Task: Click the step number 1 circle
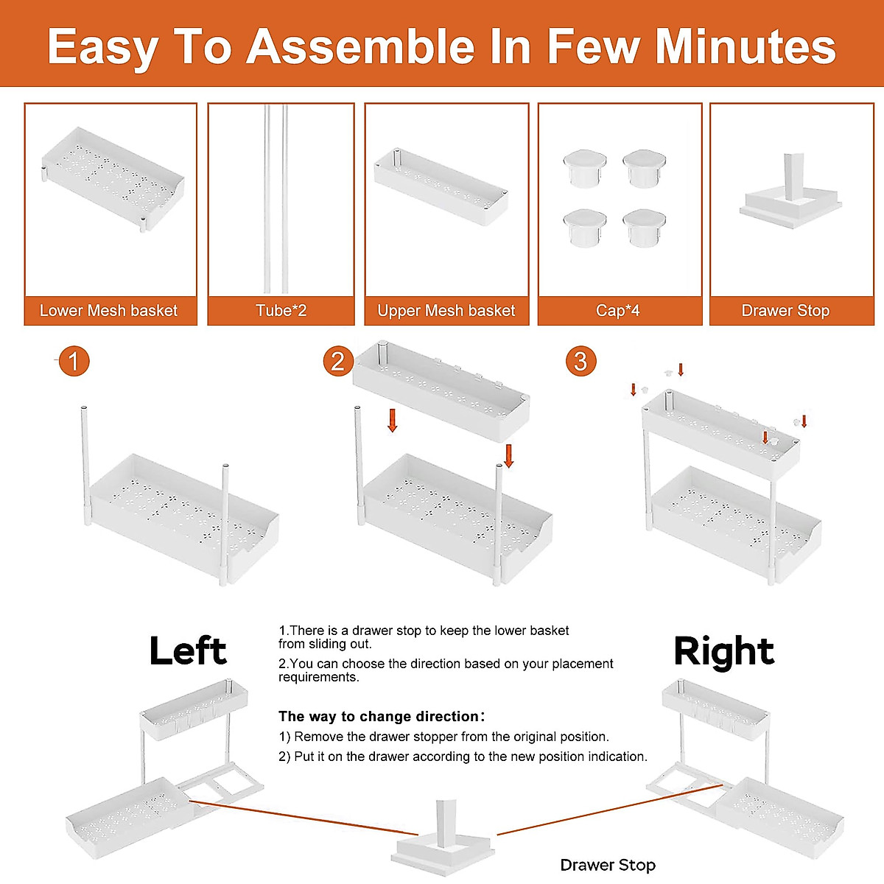[74, 361]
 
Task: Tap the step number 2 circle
[338, 361]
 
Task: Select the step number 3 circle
[580, 361]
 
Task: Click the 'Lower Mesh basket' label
[108, 311]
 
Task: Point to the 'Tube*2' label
[281, 311]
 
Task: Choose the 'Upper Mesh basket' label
[446, 311]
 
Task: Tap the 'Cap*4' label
[617, 311]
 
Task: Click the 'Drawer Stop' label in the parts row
[785, 311]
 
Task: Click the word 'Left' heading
[188, 650]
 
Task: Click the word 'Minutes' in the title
[746, 47]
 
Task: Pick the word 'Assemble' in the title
[360, 47]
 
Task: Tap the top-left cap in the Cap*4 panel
[584, 168]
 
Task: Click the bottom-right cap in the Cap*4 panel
[644, 228]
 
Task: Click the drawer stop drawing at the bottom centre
[443, 838]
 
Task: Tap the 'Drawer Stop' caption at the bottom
[608, 865]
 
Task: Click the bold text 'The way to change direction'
[379, 716]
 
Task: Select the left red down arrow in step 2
[392, 421]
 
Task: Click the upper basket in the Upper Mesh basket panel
[441, 186]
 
